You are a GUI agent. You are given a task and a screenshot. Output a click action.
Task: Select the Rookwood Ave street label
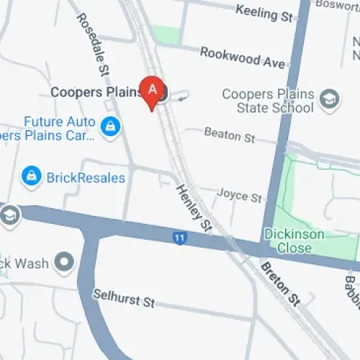pos(242,58)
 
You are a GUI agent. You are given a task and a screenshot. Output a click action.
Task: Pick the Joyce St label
pos(240,196)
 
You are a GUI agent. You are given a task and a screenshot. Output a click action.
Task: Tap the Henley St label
pos(195,207)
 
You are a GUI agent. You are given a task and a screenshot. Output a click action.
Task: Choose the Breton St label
pos(280,282)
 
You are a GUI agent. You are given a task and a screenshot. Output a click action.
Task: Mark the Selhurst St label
pos(124,298)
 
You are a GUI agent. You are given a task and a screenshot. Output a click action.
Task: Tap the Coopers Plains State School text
pos(268,102)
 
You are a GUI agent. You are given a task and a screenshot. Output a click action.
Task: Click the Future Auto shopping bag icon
pos(110,127)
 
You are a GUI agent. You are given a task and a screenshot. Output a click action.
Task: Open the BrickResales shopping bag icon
pos(31,176)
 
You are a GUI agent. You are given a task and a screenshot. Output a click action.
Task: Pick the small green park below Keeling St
pos(166,34)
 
